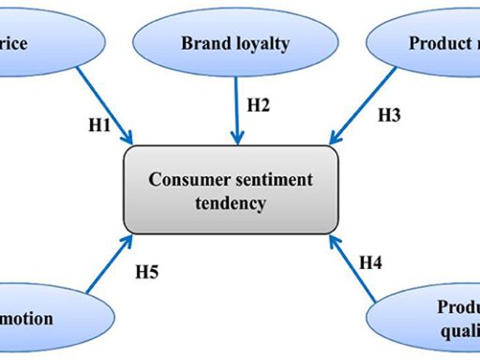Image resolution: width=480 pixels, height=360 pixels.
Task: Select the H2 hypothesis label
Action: click(x=259, y=105)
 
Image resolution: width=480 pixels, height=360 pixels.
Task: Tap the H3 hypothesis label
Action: click(x=389, y=116)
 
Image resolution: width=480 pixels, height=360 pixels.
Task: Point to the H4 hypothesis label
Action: click(x=372, y=262)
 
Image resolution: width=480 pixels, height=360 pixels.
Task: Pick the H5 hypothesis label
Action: click(x=147, y=273)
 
